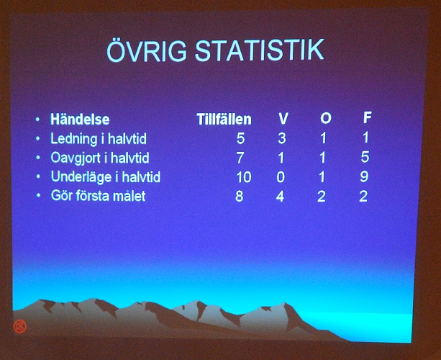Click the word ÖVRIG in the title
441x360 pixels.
[144, 52]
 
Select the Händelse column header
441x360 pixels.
[80, 120]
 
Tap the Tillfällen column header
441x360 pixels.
[224, 120]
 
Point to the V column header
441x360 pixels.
[283, 119]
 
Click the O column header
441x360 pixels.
[325, 119]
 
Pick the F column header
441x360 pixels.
[368, 118]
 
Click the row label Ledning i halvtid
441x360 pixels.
[99, 138]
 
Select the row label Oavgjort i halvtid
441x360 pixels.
[100, 158]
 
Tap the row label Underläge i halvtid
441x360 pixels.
[105, 176]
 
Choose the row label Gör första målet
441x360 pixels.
[98, 195]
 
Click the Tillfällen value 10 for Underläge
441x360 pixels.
[243, 177]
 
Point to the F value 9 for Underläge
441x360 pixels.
[364, 176]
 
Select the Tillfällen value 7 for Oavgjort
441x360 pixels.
[240, 158]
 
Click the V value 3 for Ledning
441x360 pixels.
[281, 138]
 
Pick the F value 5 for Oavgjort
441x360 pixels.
[365, 157]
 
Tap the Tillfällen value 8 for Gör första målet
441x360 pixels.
[239, 196]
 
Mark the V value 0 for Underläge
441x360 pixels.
[281, 177]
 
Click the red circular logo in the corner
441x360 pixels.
[20, 325]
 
